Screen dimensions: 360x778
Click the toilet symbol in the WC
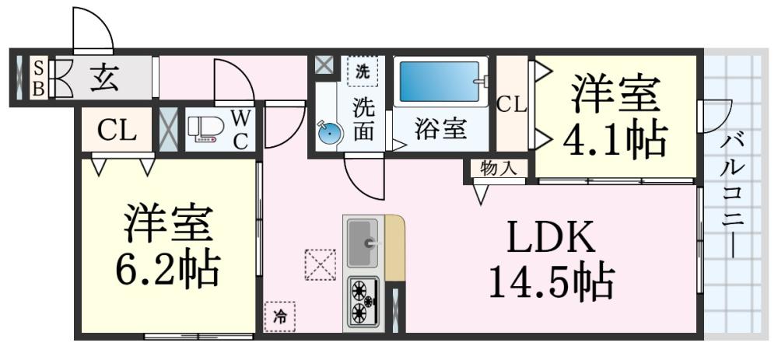coord(205,130)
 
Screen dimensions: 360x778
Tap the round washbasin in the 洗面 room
coord(331,134)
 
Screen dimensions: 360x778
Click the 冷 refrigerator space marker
coord(279,316)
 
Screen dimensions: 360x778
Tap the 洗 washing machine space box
coord(363,71)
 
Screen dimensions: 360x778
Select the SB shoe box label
coord(37,79)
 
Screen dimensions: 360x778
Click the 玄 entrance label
coord(102,79)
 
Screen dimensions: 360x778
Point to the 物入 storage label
coord(498,168)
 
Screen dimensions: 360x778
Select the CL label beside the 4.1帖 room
coord(512,103)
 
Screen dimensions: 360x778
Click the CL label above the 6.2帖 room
coord(117,130)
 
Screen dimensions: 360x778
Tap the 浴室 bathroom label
coord(440,129)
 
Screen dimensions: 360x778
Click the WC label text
coord(241,129)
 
